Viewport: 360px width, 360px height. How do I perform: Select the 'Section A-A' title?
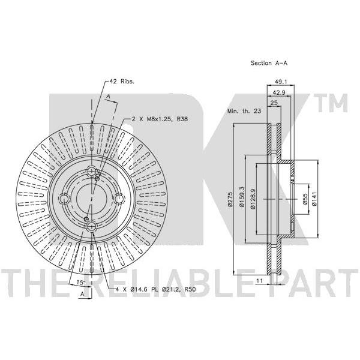tap(269, 63)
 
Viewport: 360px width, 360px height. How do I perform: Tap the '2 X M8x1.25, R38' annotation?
tap(160, 119)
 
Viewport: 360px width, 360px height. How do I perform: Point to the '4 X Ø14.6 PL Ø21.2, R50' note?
tap(155, 290)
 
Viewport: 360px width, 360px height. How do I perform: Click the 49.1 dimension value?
tap(281, 82)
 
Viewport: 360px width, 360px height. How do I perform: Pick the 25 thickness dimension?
tap(274, 103)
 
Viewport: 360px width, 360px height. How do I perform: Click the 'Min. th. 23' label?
tap(244, 111)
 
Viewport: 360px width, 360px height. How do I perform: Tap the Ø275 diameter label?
tap(230, 199)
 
